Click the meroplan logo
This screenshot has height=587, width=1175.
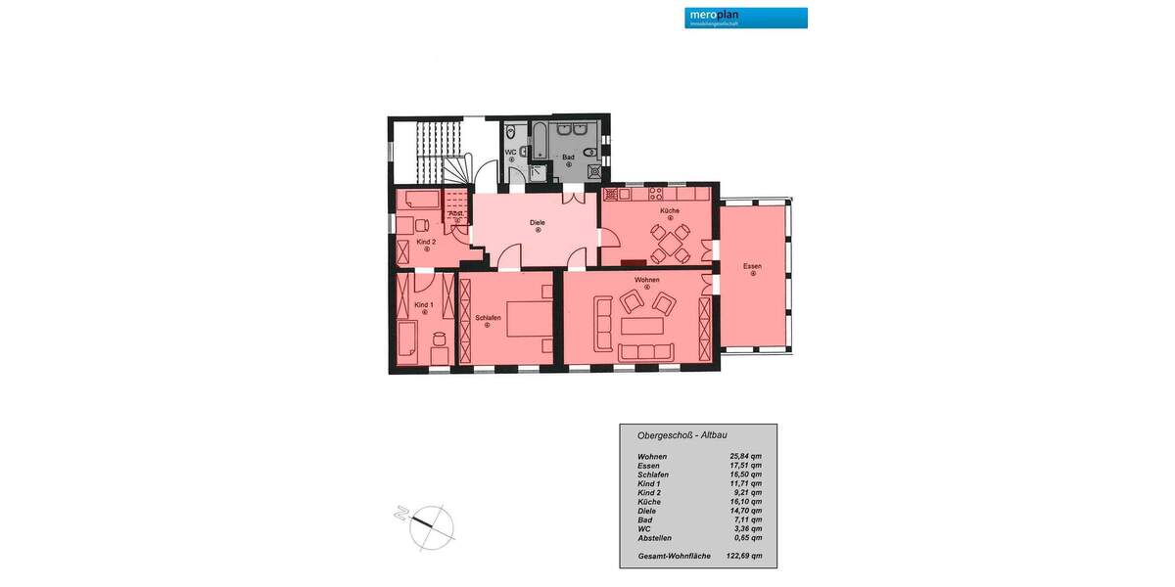[x=746, y=18]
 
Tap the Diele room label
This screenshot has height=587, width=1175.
[x=538, y=223]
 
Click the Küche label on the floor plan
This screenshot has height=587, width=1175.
[x=670, y=211]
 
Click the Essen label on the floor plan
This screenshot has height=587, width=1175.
[x=752, y=266]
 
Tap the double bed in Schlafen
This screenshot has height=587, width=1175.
[x=528, y=314]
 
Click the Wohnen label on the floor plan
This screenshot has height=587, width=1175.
[x=646, y=280]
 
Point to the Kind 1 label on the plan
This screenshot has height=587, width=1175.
[x=424, y=305]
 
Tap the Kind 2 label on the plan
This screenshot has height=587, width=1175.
[x=426, y=242]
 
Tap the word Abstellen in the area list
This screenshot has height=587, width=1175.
[x=655, y=538]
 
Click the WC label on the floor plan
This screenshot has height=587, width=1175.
[x=510, y=153]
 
